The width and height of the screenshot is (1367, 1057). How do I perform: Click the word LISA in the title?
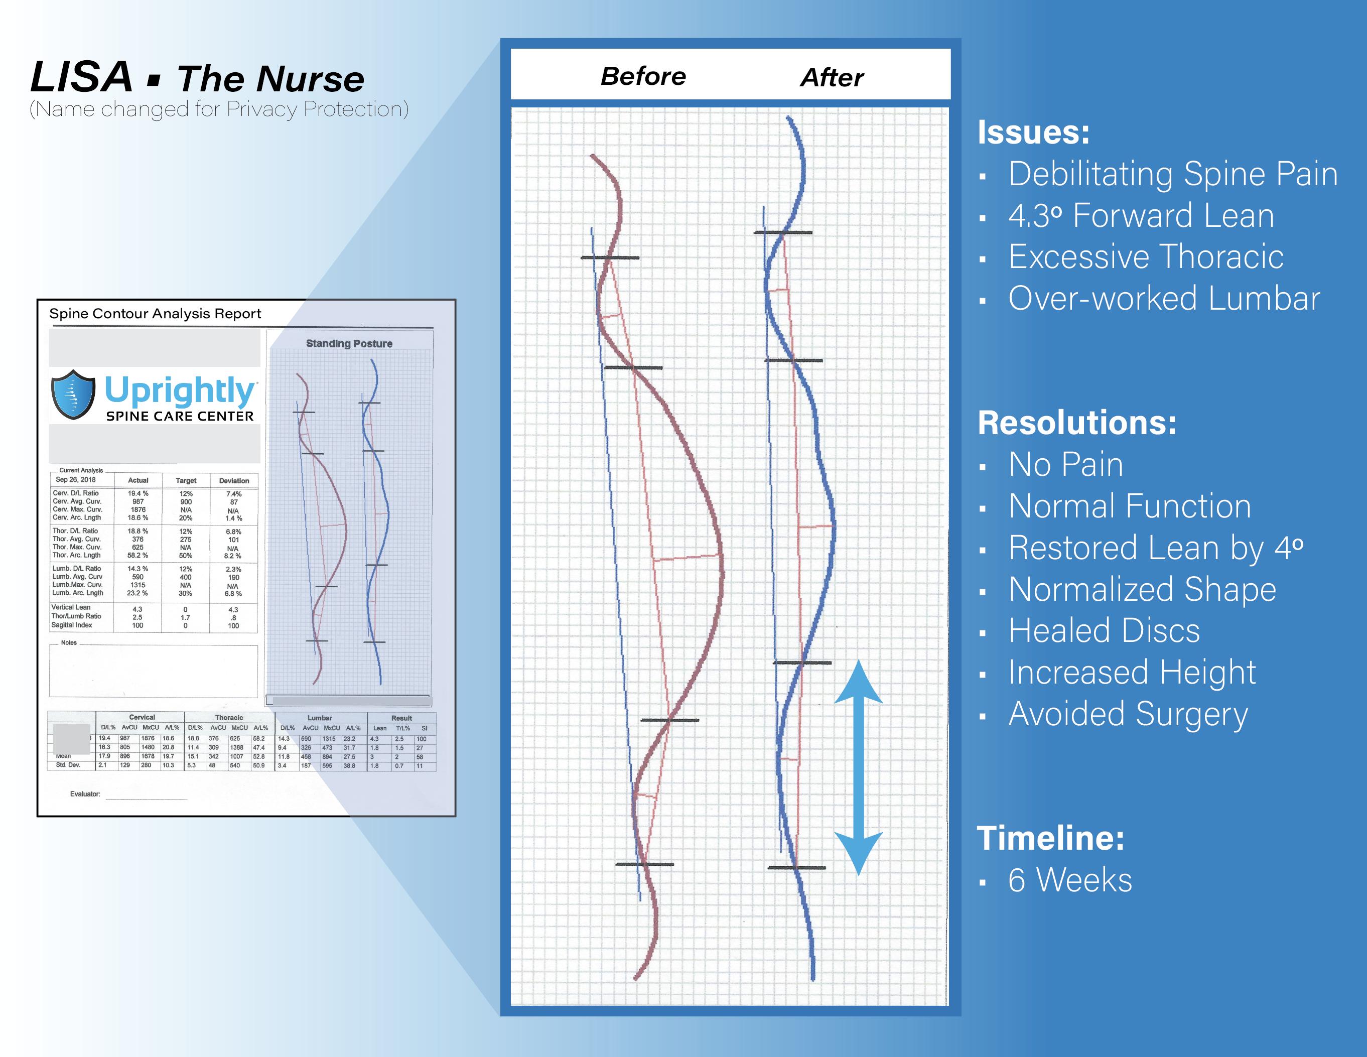[x=81, y=78]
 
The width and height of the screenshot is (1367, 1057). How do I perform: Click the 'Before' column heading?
[x=643, y=76]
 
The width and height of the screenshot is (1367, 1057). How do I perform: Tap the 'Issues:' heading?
[x=1033, y=132]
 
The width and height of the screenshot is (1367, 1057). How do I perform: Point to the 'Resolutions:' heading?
[x=1076, y=423]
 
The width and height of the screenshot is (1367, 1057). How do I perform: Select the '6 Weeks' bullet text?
[x=1070, y=880]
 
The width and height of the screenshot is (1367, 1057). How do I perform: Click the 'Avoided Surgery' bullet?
[x=1128, y=714]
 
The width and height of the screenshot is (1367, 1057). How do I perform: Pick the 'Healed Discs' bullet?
[x=1104, y=630]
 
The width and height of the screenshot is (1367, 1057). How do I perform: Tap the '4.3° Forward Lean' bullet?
[x=1141, y=215]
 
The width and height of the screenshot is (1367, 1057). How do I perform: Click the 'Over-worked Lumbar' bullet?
[x=1164, y=298]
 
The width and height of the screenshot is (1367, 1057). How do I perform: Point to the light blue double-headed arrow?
[x=858, y=767]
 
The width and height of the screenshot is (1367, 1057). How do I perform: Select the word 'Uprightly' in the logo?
[x=180, y=390]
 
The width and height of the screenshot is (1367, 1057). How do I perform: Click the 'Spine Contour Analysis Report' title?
[x=155, y=314]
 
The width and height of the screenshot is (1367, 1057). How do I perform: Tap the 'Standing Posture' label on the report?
[x=349, y=344]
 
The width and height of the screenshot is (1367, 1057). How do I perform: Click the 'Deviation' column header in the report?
[x=234, y=481]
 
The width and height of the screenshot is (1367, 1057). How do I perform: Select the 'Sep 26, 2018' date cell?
[x=76, y=479]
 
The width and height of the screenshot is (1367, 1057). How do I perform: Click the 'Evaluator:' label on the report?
[x=85, y=794]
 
